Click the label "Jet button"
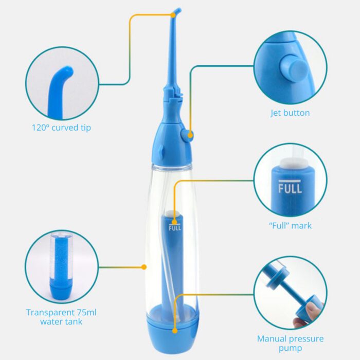290,113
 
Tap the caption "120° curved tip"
61,128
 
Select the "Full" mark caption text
290,225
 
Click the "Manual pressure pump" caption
290,343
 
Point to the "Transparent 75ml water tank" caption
61,317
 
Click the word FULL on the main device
175,228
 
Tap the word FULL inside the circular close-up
290,189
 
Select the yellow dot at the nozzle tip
173,15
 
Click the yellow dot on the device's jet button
190,135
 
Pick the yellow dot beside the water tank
144,267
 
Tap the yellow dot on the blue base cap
175,331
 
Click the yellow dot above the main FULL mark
174,222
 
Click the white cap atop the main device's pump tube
174,213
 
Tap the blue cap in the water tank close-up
60,292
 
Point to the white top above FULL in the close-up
290,163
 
